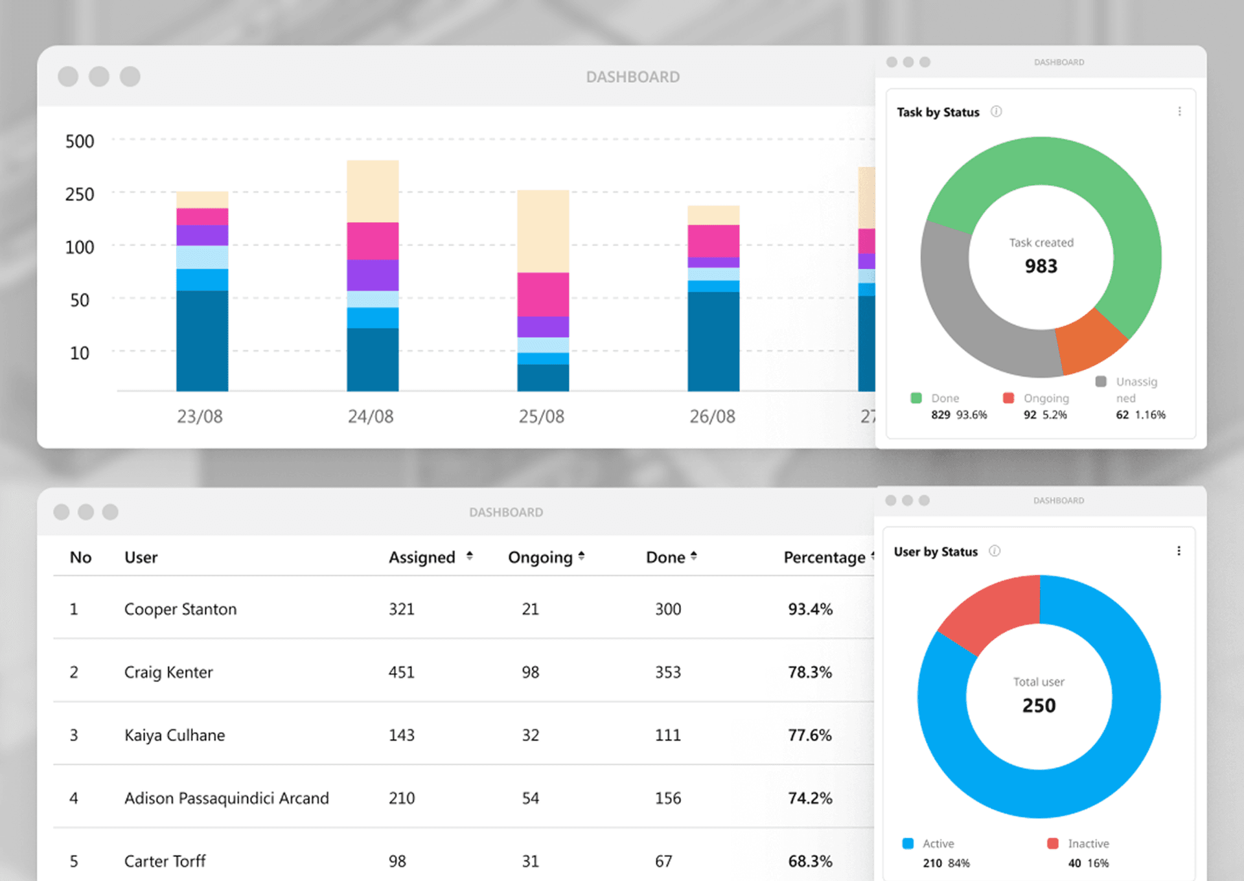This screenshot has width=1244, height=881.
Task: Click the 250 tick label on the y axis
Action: pyautogui.click(x=79, y=194)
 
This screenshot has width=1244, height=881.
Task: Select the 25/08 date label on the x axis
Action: pyautogui.click(x=541, y=417)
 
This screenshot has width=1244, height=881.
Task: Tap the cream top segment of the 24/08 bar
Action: pyautogui.click(x=373, y=191)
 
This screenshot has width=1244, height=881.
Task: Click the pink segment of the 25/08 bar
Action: pyautogui.click(x=543, y=294)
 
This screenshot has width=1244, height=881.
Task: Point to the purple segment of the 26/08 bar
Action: pyautogui.click(x=713, y=262)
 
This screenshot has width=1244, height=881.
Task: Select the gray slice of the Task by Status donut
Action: pyautogui.click(x=959, y=311)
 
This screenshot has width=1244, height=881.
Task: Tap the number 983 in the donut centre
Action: pyautogui.click(x=1041, y=266)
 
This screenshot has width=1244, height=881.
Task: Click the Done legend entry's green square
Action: pyautogui.click(x=916, y=398)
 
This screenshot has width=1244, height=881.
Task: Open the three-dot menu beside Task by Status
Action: pyautogui.click(x=1179, y=111)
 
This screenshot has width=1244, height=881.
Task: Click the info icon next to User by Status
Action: pyautogui.click(x=995, y=551)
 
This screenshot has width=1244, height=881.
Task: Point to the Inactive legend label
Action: pyautogui.click(x=1088, y=843)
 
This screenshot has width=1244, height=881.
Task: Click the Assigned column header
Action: pyautogui.click(x=422, y=557)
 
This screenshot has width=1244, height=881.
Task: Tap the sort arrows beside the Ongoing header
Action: pyautogui.click(x=582, y=556)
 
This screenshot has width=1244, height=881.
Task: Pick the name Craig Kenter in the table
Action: pyautogui.click(x=168, y=672)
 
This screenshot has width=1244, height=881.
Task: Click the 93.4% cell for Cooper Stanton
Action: pyautogui.click(x=810, y=609)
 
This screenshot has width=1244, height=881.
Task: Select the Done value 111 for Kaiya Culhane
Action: pyautogui.click(x=667, y=735)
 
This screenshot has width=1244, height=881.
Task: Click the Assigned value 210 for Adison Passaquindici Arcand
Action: pyautogui.click(x=402, y=798)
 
